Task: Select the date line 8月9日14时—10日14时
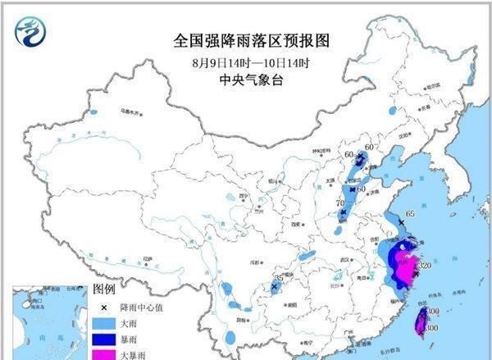(x=245, y=62)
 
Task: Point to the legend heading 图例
(x=103, y=289)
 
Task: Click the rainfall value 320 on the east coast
(x=426, y=267)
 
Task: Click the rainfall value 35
(x=279, y=279)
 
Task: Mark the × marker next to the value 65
(x=400, y=222)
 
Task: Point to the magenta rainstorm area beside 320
(x=403, y=266)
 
